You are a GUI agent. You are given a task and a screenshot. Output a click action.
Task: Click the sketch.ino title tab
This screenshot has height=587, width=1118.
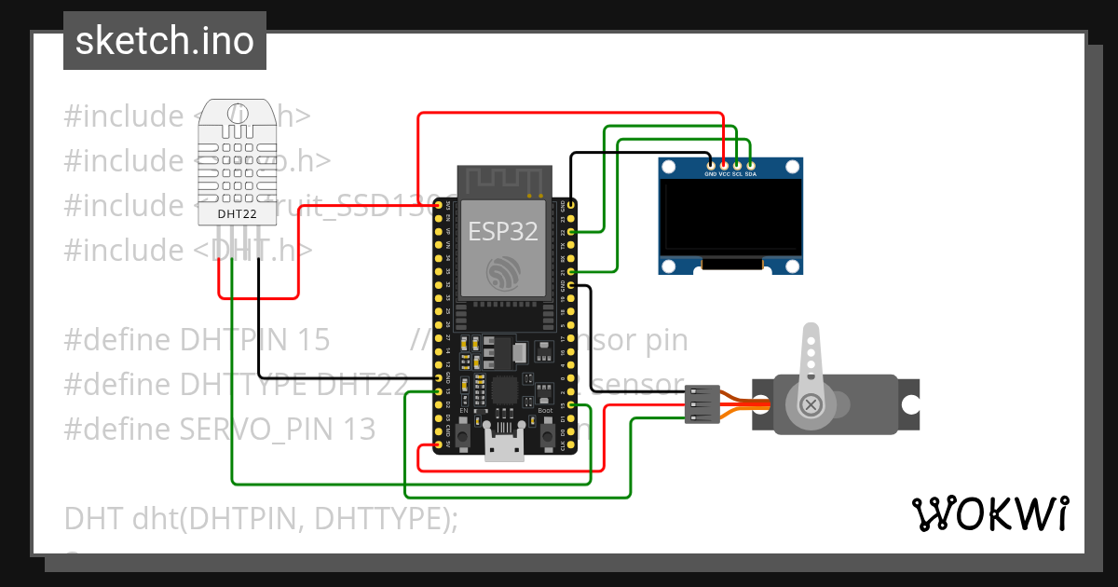tap(165, 41)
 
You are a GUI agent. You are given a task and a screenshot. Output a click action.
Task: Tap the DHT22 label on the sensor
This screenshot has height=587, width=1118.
tap(237, 214)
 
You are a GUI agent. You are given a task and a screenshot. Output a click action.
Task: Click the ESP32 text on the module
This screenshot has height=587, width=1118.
tap(503, 231)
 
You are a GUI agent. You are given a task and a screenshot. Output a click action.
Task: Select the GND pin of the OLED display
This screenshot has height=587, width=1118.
tap(711, 165)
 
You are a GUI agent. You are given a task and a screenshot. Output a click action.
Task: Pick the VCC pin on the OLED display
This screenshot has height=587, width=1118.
tap(724, 165)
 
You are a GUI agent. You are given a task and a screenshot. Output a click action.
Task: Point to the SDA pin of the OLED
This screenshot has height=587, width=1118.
tap(750, 165)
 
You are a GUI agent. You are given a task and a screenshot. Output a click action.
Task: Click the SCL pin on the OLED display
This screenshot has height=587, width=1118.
tap(737, 165)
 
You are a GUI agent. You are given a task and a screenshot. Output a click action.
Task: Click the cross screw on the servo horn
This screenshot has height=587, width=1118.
tap(811, 404)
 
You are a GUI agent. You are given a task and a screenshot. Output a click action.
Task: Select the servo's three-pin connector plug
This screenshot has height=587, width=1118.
tap(702, 404)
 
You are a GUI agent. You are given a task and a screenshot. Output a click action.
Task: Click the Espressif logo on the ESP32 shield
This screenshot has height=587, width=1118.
tap(503, 271)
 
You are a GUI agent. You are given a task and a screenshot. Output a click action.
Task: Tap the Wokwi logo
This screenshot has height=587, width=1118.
tap(989, 513)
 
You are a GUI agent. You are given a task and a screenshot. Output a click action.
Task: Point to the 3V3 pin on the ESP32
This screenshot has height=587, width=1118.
tap(438, 204)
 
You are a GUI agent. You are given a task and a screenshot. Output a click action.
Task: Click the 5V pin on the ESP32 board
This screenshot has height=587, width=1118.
tap(438, 446)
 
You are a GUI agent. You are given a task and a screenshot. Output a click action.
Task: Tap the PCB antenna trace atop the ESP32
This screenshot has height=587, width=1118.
tap(503, 181)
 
